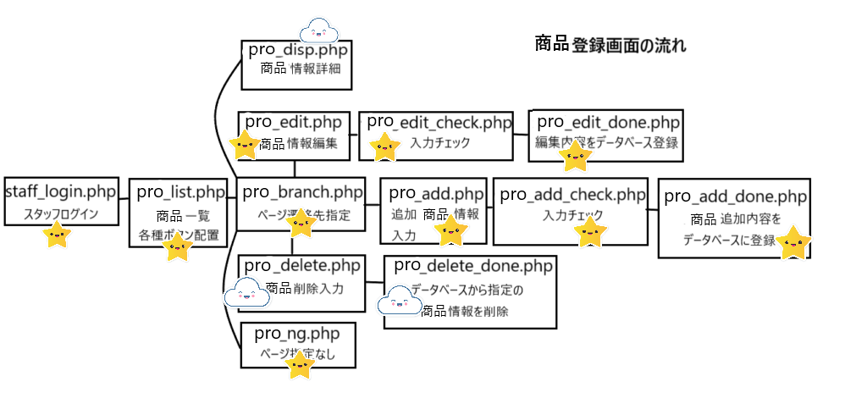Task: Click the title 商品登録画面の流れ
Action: click(x=610, y=45)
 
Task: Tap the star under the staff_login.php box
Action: click(x=57, y=235)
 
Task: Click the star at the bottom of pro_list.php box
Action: click(x=178, y=247)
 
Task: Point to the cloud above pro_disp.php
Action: click(x=319, y=31)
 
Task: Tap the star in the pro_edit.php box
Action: click(x=246, y=145)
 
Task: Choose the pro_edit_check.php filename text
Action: click(x=439, y=123)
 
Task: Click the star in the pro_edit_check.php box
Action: click(x=385, y=147)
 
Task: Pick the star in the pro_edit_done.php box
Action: click(x=576, y=154)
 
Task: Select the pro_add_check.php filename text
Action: click(x=572, y=194)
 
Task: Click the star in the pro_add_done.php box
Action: click(x=793, y=242)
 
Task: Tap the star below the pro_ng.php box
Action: click(x=300, y=365)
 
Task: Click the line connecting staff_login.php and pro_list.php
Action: click(x=123, y=200)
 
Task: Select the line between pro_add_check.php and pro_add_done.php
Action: click(x=653, y=208)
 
